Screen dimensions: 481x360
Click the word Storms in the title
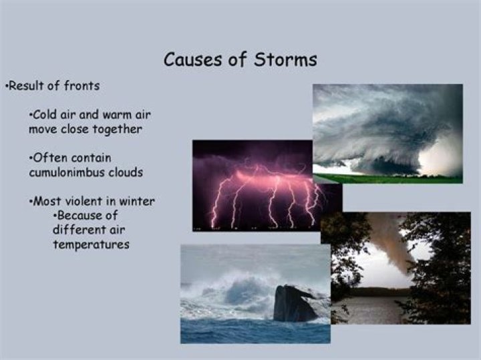[x=286, y=59]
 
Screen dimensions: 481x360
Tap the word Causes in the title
[x=192, y=59]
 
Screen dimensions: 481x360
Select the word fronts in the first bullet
[x=82, y=85]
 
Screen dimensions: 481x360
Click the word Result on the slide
[x=27, y=85]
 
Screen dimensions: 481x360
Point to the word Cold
[x=45, y=115]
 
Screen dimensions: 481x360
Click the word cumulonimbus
[x=66, y=172]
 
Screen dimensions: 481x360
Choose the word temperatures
[x=91, y=245]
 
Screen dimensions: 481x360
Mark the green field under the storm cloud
[x=388, y=179]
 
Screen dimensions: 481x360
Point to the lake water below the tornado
[x=371, y=310]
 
